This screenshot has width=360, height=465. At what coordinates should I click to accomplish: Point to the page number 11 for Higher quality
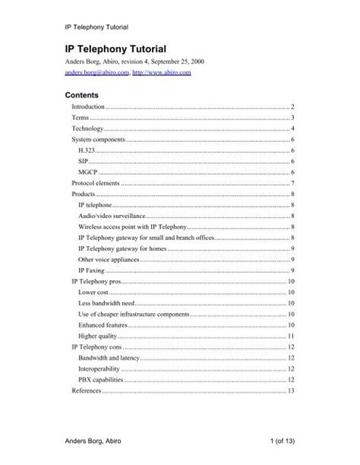[x=290, y=336]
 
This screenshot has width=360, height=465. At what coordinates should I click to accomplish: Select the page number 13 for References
[x=290, y=391]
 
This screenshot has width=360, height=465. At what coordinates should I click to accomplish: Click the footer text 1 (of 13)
[x=273, y=442]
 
